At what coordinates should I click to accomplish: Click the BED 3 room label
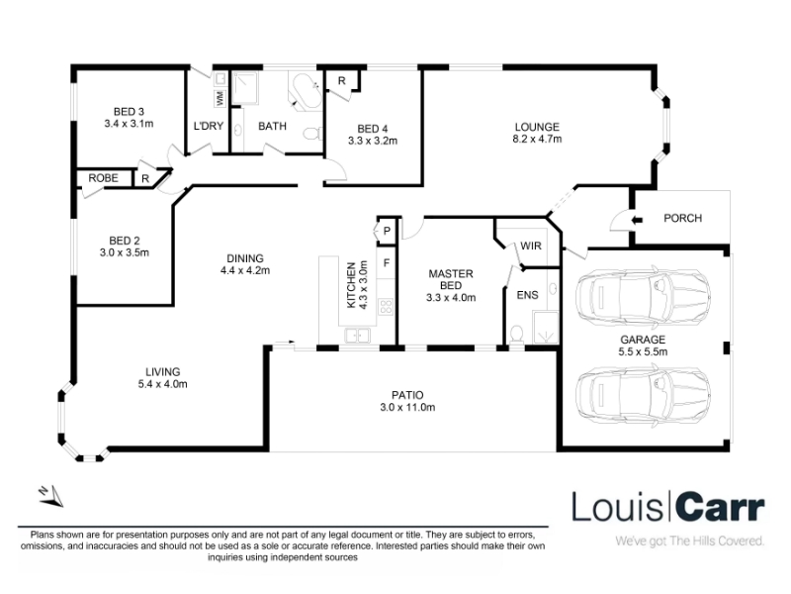coord(129,112)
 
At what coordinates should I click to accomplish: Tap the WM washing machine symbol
coord(220,97)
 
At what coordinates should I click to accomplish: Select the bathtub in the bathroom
coord(306,91)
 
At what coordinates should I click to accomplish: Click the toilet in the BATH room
coord(312,134)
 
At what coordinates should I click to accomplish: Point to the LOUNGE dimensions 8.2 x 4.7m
coord(537,139)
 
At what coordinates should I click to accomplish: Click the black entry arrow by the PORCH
coord(638,220)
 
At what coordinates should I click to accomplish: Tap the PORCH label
coord(682,218)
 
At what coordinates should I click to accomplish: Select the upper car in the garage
coord(644,297)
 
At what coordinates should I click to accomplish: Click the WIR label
coord(531,246)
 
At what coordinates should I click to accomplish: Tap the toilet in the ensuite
coord(516,335)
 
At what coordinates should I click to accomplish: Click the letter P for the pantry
coord(387,232)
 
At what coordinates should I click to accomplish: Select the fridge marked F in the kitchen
coord(387,263)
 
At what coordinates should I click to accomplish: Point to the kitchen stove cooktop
coord(386,306)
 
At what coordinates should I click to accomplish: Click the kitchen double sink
coord(357,335)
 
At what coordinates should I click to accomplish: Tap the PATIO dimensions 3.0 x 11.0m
coord(407,407)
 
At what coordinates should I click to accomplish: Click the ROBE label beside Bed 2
coord(103,178)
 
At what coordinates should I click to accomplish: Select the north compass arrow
coord(51,496)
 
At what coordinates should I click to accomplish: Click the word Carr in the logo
coord(720,507)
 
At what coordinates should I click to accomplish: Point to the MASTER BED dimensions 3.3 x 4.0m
coord(451,298)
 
